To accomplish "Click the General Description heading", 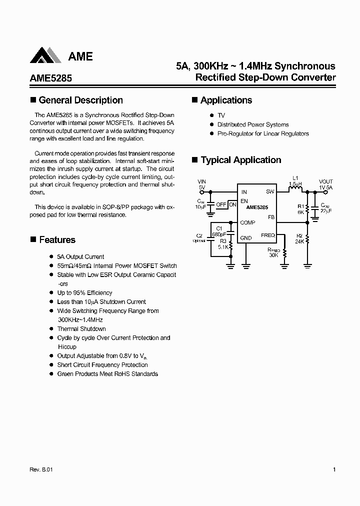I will [x=80, y=100].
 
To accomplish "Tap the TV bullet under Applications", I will [x=221, y=115].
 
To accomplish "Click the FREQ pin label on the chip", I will [x=267, y=235].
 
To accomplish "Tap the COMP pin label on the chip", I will [x=247, y=222].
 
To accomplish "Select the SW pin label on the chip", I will [x=270, y=191].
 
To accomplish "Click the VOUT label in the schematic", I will [x=326, y=181].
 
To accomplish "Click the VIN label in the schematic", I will [x=201, y=181].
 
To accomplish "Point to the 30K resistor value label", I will [x=273, y=255].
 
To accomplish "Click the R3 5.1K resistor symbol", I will [x=231, y=245].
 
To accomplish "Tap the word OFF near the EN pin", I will [x=221, y=204].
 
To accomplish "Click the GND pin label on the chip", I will [x=245, y=238].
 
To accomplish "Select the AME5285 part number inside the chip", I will [x=257, y=207].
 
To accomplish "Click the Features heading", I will [x=57, y=240].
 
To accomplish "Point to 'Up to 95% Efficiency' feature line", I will [x=84, y=292].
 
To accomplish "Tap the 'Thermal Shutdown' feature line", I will [x=81, y=328].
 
